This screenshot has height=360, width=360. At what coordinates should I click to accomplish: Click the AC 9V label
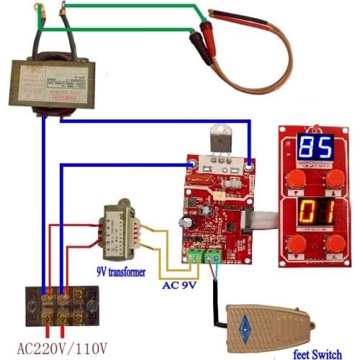point(176,284)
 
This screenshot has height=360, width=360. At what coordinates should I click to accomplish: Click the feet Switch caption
point(322,353)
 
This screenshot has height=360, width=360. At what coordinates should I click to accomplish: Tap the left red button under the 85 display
point(294,179)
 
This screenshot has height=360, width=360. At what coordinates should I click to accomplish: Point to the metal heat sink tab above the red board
point(220,140)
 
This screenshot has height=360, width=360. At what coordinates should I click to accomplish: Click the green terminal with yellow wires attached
point(194,256)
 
